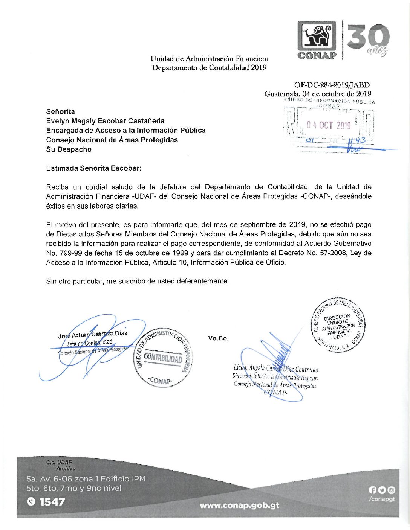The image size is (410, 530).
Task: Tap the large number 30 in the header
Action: [x=368, y=37]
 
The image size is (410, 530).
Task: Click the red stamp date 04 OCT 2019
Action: [x=328, y=125]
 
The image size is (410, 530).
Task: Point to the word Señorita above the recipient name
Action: [x=60, y=111]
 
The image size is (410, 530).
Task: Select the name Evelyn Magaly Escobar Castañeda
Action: [x=105, y=121]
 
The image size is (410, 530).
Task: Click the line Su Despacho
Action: [x=69, y=149]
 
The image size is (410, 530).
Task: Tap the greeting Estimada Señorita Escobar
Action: [x=93, y=168]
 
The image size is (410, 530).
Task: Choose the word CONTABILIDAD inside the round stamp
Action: [x=163, y=358]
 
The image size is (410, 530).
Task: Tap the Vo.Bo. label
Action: [x=218, y=338]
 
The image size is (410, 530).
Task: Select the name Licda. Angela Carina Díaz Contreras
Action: [x=275, y=369]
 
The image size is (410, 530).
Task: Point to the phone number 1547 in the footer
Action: [x=52, y=501]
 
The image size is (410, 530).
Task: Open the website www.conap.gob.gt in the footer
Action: [x=239, y=505]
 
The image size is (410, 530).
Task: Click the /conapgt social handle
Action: [x=382, y=499]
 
